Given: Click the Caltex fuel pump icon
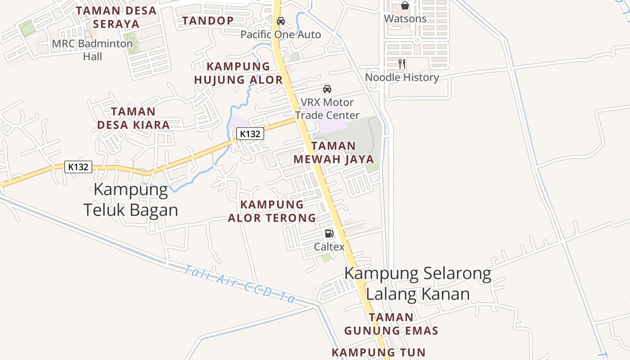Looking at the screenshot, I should click(x=329, y=234).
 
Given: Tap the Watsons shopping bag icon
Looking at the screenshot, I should click(x=405, y=5).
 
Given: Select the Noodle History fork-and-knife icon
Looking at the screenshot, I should click(x=402, y=64).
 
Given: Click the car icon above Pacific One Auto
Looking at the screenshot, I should click(x=281, y=21).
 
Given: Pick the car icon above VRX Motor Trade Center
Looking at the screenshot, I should click(x=327, y=89).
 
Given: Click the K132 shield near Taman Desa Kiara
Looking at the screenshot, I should click(x=250, y=134).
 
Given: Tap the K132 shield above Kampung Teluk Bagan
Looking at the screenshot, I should click(x=78, y=167).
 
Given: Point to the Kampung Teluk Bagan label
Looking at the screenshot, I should click(x=130, y=200).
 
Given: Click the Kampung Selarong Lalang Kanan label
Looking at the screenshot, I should click(x=418, y=283).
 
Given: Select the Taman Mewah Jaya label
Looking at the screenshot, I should click(x=333, y=153).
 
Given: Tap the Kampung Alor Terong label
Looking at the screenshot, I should click(x=272, y=211).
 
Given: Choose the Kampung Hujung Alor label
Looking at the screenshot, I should click(x=238, y=73).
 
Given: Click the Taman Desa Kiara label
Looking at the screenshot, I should click(x=133, y=118).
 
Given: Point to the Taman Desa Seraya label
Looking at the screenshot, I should click(x=116, y=17).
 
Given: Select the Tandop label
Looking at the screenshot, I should click(x=208, y=21).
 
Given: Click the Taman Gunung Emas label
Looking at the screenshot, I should click(x=391, y=324).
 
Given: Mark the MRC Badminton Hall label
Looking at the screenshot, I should click(x=92, y=50).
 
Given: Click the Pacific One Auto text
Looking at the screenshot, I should click(x=281, y=35).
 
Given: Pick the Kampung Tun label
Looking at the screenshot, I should click(x=378, y=352).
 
